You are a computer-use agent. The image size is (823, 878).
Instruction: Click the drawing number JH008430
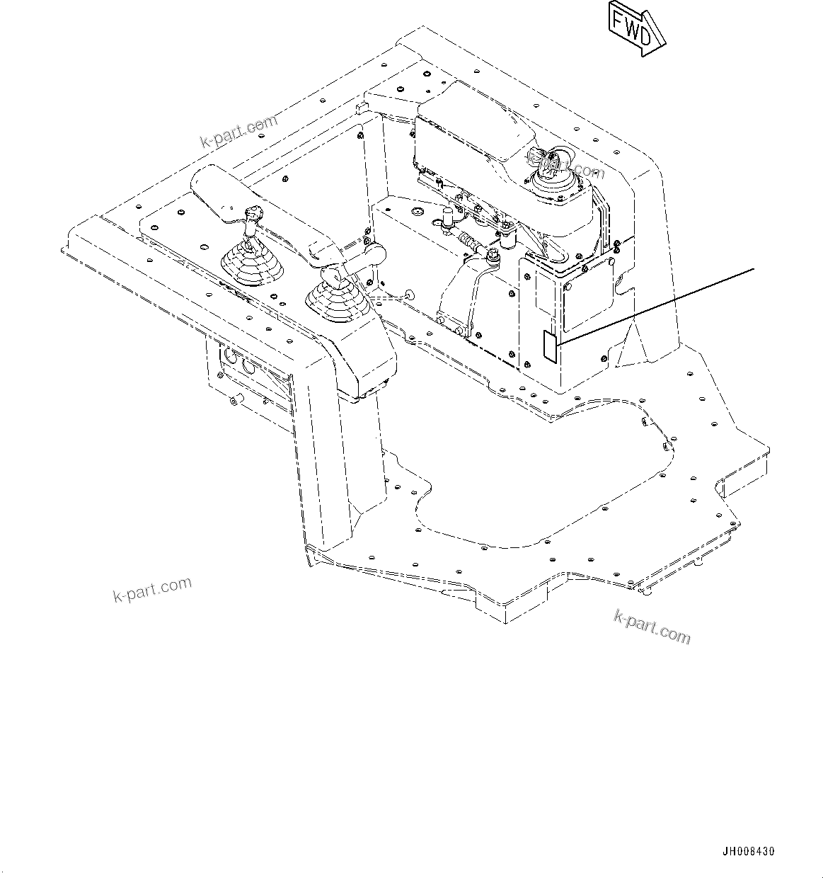[x=748, y=851]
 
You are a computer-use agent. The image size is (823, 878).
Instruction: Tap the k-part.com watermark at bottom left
[x=152, y=588]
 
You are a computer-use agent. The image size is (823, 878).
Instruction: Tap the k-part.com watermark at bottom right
[x=652, y=626]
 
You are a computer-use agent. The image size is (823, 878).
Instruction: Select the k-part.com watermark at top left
[x=238, y=132]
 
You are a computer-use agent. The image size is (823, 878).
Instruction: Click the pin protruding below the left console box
[x=233, y=401]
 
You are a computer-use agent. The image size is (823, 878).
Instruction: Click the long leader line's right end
[x=754, y=269]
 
